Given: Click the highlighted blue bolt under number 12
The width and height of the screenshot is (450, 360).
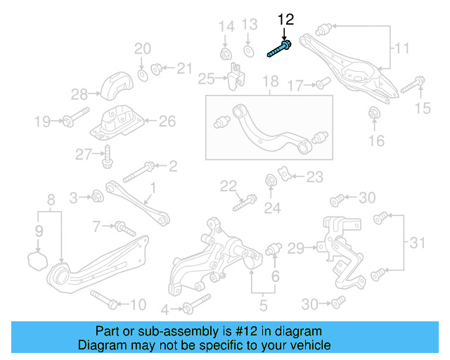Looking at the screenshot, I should (280, 49).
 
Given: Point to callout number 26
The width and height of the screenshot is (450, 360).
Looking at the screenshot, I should (167, 121).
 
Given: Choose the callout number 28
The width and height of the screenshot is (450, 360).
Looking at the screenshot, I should (79, 94).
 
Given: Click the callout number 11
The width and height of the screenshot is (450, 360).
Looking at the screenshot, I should (401, 49).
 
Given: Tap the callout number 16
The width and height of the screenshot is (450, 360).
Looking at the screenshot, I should (377, 141).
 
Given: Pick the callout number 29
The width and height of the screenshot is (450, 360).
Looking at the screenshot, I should (295, 247).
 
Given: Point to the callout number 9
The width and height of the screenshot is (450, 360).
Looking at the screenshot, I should (39, 230).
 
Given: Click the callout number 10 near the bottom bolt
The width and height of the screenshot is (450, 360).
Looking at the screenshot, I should (138, 304).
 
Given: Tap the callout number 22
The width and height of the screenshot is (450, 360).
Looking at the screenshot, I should (228, 186).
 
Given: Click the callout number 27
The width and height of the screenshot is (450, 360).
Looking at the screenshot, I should (84, 154).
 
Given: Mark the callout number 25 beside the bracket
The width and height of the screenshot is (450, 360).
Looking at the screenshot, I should (206, 77).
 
